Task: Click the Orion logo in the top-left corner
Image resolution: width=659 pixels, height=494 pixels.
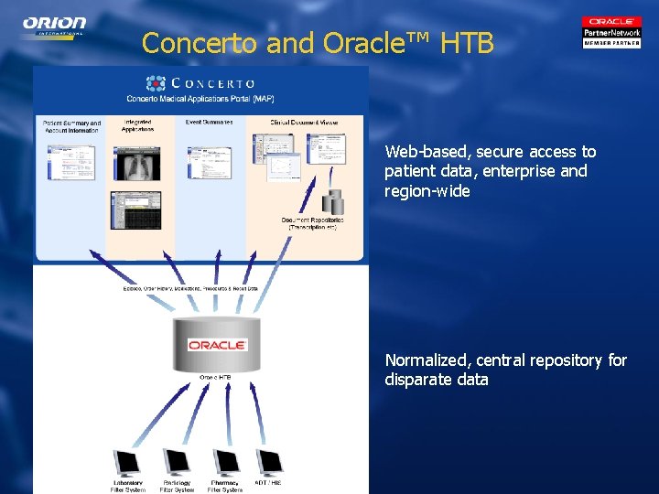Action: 55,25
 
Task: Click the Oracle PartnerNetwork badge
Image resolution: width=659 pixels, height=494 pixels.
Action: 611,32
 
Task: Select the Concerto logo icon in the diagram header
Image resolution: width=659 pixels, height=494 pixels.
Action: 157,83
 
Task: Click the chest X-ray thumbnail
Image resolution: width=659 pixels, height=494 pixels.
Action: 135,163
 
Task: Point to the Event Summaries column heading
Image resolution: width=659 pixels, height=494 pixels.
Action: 210,122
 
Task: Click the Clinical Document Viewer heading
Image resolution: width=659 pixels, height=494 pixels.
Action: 304,122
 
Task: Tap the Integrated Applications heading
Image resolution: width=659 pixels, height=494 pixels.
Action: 137,125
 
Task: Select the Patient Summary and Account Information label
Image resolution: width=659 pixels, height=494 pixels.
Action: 72,125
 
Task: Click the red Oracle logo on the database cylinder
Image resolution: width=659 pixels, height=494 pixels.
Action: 217,345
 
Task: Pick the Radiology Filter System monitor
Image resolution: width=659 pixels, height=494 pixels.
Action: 176,463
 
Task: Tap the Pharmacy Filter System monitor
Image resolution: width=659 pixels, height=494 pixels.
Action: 225,463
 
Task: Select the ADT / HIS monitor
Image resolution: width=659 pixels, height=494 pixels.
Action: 269,463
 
